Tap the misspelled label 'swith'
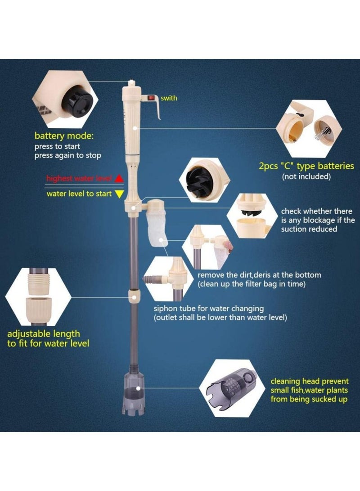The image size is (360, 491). [169, 98]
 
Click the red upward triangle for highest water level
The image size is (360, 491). [119, 178]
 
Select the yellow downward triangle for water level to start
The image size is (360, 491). [119, 194]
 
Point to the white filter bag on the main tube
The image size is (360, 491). [156, 228]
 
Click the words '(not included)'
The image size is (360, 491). [306, 176]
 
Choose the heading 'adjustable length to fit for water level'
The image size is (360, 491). [48, 338]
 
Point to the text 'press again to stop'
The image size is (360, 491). [67, 156]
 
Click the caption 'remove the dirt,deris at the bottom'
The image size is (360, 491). [260, 275]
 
